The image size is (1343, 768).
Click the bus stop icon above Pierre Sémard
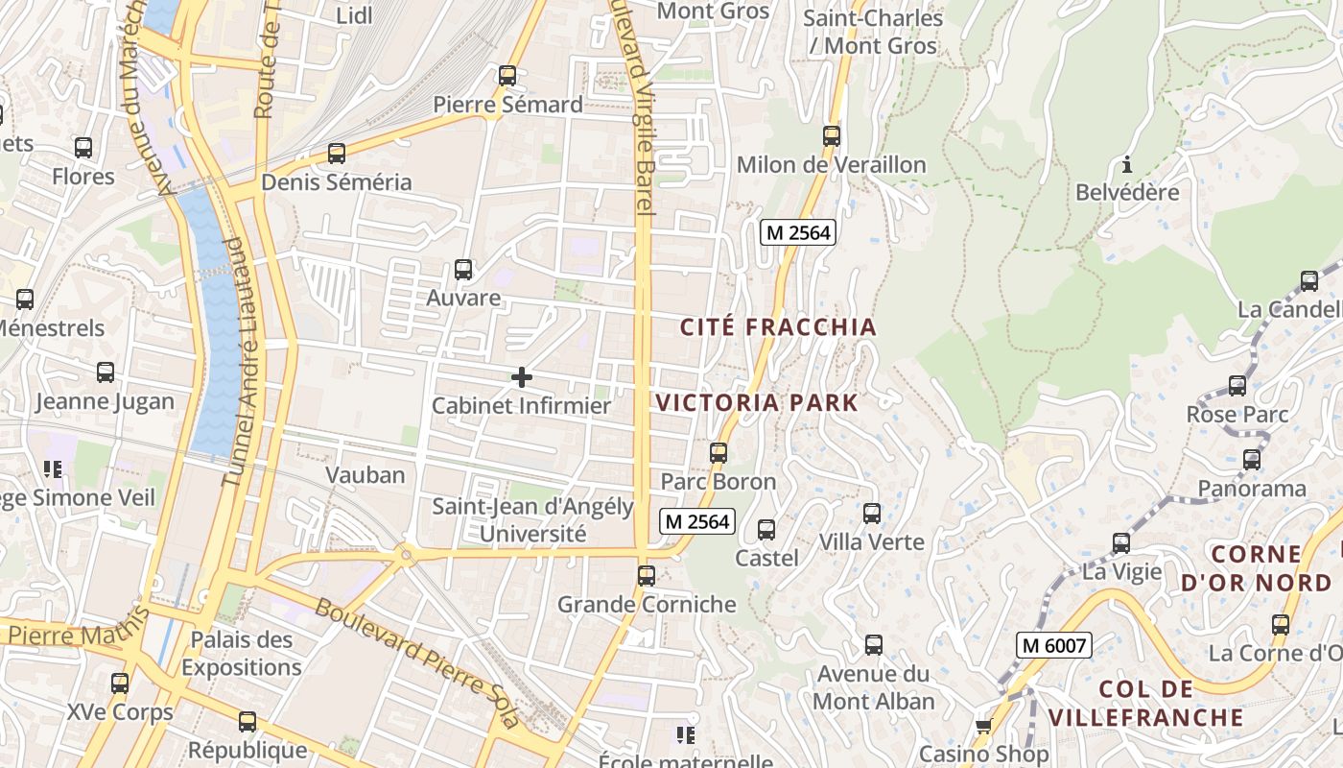[507, 75]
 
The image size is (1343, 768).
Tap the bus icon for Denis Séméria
[337, 153]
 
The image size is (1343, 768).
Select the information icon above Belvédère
[1127, 163]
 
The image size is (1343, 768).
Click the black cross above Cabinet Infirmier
[522, 377]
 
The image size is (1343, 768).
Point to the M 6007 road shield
[1054, 645]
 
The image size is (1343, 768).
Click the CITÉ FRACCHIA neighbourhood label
[778, 327]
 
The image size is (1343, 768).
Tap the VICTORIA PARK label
[758, 402]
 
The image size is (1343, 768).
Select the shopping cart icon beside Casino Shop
[983, 727]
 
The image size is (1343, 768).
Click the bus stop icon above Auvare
[463, 269]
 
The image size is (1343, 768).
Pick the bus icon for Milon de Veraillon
[832, 136]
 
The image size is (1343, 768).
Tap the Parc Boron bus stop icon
[719, 452]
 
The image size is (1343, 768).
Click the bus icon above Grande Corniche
[647, 575]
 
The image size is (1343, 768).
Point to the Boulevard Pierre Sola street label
[417, 661]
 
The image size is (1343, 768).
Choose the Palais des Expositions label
[241, 653]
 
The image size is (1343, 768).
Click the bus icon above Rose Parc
[1237, 386]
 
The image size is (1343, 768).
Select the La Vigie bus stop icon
[1121, 543]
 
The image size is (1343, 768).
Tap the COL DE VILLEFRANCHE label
[1145, 703]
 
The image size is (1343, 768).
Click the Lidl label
[355, 15]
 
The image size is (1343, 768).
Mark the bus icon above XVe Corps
[120, 684]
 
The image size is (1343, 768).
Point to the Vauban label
[365, 475]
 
